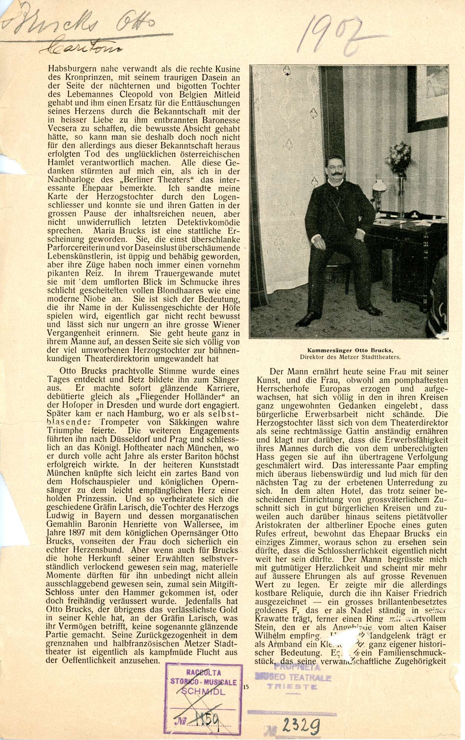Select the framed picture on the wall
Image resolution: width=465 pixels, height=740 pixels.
click(428, 98)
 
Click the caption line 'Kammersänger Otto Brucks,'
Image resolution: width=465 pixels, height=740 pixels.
click(350, 350)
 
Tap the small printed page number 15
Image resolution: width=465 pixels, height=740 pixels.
click(246, 687)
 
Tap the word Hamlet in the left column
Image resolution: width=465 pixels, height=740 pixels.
click(61, 162)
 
